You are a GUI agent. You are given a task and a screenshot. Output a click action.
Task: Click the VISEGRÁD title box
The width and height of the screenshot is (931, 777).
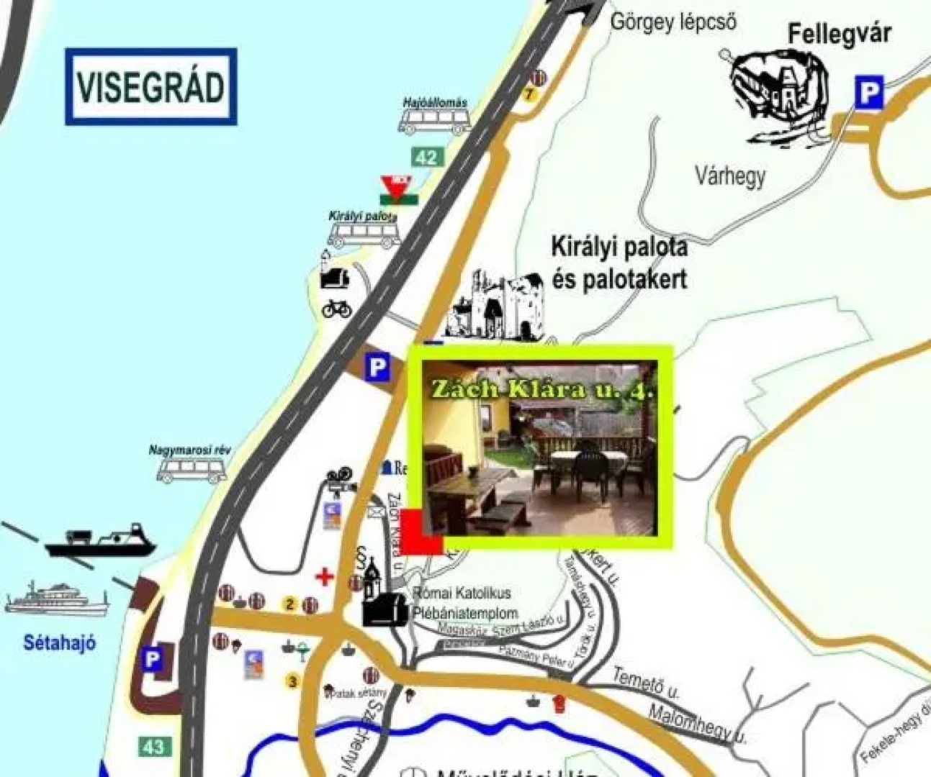pos(150,86)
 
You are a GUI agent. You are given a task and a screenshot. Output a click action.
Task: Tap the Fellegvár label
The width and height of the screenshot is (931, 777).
pos(839,34)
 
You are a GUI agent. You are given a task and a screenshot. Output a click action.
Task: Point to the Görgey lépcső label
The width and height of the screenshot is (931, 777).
pos(673,22)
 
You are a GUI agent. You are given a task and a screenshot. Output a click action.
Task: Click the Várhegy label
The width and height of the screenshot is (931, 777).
pos(729,176)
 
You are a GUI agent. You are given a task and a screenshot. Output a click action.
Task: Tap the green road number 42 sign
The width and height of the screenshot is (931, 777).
pos(426,157)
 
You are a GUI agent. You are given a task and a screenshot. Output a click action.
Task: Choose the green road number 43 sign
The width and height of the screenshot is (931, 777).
pos(153,746)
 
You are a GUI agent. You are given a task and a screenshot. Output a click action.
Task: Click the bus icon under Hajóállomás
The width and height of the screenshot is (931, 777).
pos(434,122)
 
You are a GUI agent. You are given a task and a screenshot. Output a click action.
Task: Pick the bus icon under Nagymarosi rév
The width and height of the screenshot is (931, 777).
pos(192,471)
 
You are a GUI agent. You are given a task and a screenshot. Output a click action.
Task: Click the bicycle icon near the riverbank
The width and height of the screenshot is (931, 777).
pos(337,309)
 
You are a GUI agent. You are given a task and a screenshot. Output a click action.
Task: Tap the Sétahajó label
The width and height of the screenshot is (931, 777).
pos(59,642)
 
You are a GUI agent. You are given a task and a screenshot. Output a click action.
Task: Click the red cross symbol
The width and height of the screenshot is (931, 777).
pos(325,576)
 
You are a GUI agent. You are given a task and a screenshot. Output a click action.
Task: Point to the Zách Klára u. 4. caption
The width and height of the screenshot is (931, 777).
pos(541,389)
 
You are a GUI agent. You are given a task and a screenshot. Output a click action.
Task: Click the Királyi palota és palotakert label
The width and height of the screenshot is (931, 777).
pos(619,262)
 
